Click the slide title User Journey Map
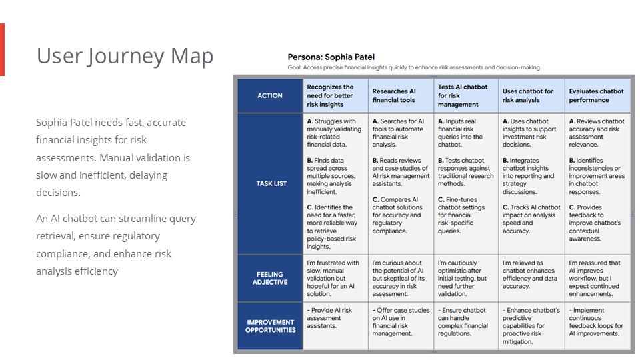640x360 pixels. [125, 56]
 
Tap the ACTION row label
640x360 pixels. [270, 95]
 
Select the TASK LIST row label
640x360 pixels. [270, 183]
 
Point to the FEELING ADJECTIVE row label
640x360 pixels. [270, 278]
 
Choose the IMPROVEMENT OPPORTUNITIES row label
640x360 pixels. [270, 326]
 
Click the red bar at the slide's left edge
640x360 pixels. [2, 49]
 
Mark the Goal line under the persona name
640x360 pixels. [414, 67]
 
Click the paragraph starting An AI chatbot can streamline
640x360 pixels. [116, 245]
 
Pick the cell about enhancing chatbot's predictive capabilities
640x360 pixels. [530, 326]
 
